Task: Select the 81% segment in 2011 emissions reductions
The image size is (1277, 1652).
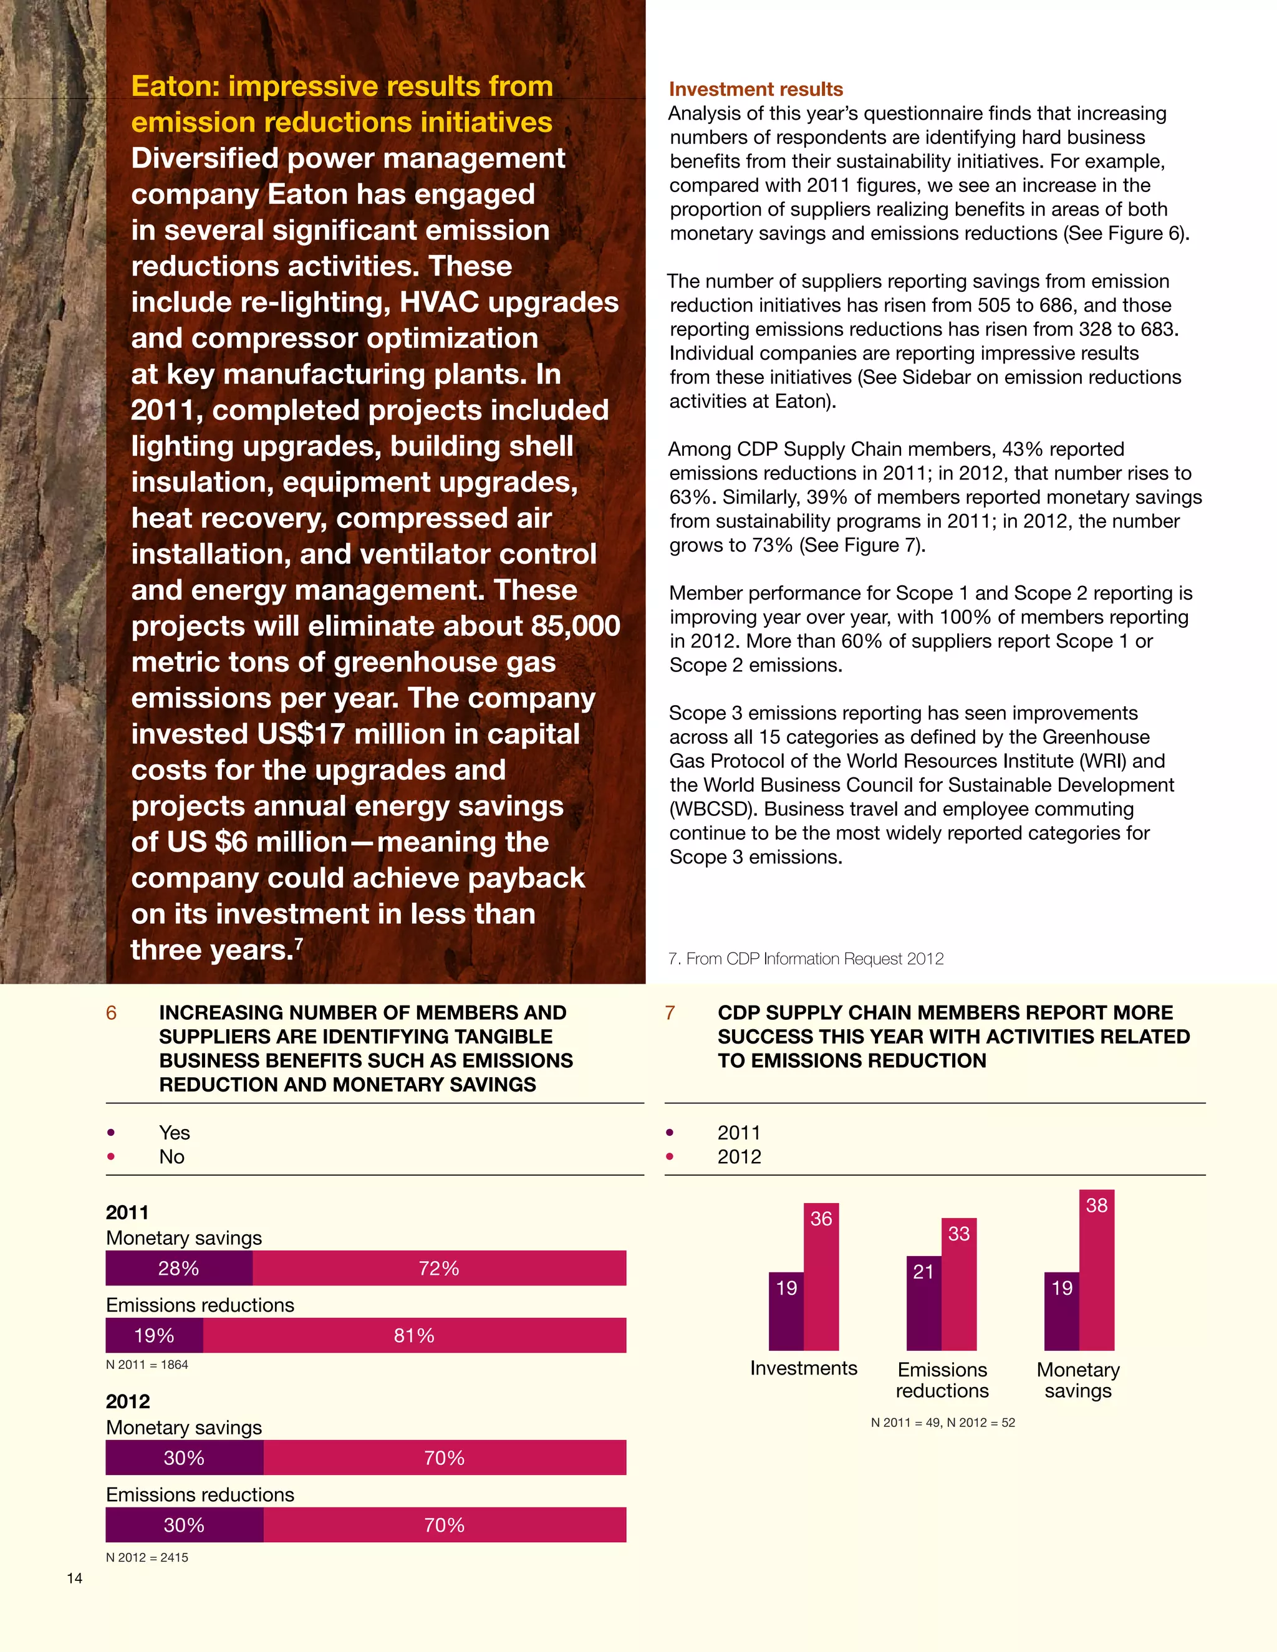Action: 414,1336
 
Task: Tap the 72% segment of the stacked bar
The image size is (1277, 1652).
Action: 439,1269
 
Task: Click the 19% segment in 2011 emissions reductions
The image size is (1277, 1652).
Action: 155,1336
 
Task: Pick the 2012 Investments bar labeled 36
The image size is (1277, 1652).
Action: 821,1279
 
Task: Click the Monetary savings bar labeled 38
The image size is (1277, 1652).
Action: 1096,1270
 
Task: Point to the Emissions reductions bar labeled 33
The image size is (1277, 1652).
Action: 958,1286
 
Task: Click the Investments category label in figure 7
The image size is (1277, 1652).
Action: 803,1368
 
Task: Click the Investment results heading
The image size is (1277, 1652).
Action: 755,89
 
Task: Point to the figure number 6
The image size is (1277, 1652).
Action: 111,1014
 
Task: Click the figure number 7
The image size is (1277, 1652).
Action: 670,1014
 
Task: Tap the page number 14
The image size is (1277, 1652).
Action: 74,1578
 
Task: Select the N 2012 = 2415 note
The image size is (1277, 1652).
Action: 147,1557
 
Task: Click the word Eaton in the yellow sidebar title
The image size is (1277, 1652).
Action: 175,86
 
